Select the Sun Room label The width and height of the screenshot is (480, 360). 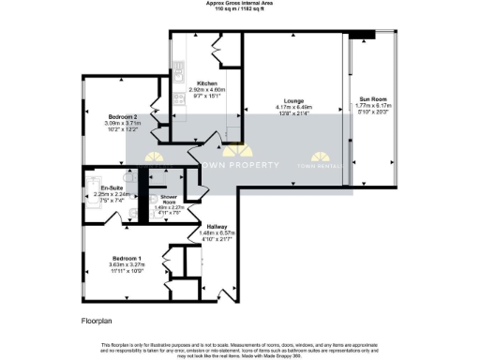coord(372,98)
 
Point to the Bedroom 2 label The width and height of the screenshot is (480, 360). coord(122,115)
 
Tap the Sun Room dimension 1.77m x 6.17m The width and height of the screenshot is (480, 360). coord(372,106)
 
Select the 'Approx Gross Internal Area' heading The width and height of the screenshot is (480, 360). coord(240,3)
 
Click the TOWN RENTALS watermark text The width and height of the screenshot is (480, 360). coord(318,165)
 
